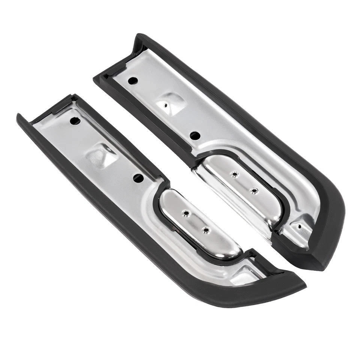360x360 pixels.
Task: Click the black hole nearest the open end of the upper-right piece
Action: pyautogui.click(x=133, y=80)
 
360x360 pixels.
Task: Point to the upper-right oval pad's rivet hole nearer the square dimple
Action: pyautogui.click(x=235, y=174)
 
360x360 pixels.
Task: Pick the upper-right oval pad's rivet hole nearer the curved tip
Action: pyautogui.click(x=255, y=190)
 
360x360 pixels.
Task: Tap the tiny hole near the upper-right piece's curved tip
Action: pyautogui.click(x=299, y=226)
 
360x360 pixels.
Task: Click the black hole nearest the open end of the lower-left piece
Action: pyautogui.click(x=75, y=121)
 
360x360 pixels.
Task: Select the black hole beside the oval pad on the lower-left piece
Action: pyautogui.click(x=138, y=178)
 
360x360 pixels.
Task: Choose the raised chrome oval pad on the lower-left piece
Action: pyautogui.click(x=199, y=225)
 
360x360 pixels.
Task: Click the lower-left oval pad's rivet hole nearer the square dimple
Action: pyautogui.click(x=185, y=213)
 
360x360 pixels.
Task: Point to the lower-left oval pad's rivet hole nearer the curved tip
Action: pyautogui.click(x=205, y=230)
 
